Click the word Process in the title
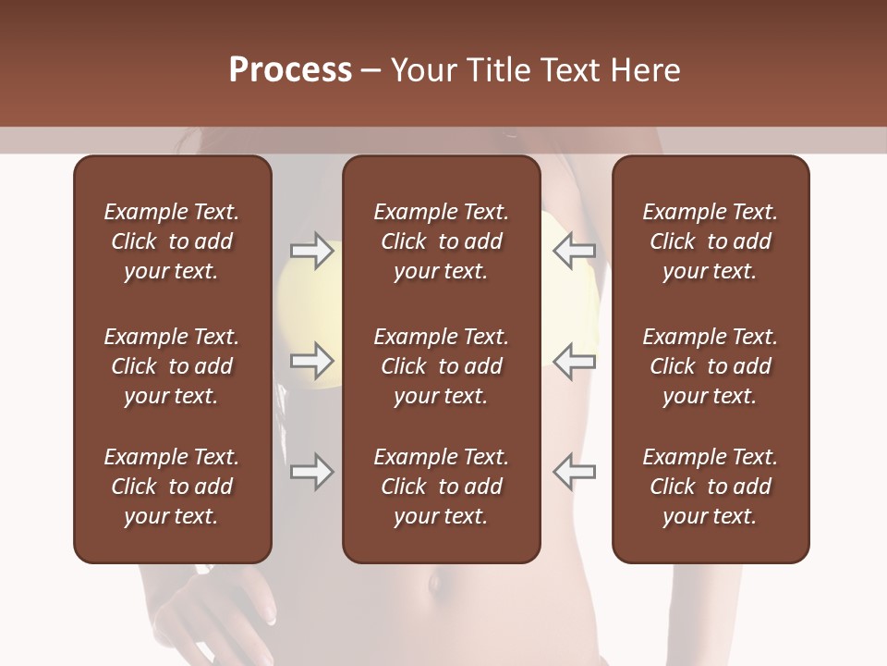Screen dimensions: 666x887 point(290,70)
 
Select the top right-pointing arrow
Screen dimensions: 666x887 point(311,251)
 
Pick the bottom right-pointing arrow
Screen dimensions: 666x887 point(311,472)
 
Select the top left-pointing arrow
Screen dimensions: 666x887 point(575,251)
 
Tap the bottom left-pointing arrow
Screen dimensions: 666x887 point(575,472)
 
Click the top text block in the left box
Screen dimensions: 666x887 point(172,241)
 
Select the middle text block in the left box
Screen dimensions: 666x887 point(172,366)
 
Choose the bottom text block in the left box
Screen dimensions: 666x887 point(172,487)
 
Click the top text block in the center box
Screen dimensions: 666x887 point(442,241)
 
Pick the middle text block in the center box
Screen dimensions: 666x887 point(442,366)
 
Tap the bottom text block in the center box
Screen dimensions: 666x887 point(442,487)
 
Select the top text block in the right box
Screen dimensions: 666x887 point(711,241)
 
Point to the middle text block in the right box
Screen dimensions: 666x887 point(711,366)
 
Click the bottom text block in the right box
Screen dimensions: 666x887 point(711,487)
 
